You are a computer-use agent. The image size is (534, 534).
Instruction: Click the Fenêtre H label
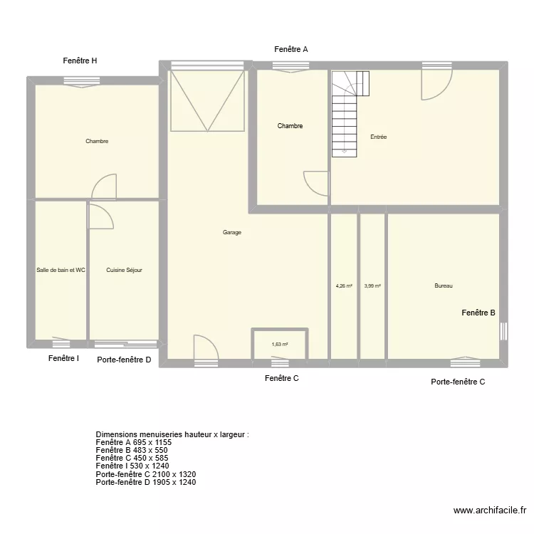(x=80, y=61)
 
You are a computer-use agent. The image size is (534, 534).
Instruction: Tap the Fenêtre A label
(x=291, y=49)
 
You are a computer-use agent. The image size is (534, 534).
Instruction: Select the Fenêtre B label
(x=478, y=313)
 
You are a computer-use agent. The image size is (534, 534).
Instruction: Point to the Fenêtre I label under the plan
(x=63, y=358)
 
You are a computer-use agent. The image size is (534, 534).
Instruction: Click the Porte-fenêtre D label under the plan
(x=124, y=360)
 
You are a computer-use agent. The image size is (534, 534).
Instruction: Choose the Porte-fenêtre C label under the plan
(x=458, y=382)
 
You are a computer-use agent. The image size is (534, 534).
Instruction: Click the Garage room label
(x=231, y=232)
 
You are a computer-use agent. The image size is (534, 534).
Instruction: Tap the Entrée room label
(x=378, y=137)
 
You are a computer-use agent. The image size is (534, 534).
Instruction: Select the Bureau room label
(x=444, y=286)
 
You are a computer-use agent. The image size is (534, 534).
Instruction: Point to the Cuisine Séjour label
(x=124, y=270)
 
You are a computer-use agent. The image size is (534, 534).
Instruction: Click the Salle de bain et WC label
(x=61, y=270)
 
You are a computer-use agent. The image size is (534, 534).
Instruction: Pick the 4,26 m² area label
(x=344, y=286)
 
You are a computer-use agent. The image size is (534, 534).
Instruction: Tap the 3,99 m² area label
(x=372, y=286)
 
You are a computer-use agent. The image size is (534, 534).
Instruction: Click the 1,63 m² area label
(x=280, y=345)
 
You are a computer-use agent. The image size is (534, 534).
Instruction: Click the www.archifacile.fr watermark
(x=489, y=511)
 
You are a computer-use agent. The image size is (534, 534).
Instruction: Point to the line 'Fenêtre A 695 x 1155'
(x=133, y=442)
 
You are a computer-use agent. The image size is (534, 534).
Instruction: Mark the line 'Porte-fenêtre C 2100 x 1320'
(x=145, y=474)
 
